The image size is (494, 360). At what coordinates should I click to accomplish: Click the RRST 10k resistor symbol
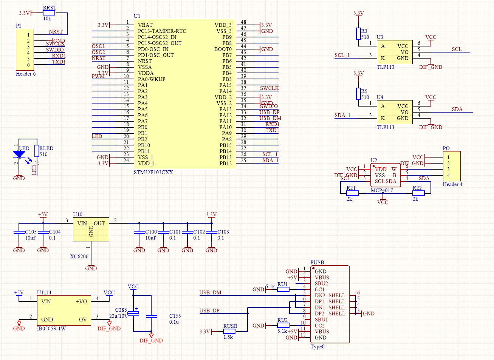pyautogui.click(x=49, y=13)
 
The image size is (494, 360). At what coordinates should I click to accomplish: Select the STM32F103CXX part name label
pyautogui.click(x=153, y=173)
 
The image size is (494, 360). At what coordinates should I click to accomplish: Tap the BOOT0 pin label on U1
pyautogui.click(x=223, y=49)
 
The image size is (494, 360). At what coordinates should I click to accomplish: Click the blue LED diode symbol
pyautogui.click(x=19, y=154)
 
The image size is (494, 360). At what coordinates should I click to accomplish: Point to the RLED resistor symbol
pyautogui.click(x=37, y=151)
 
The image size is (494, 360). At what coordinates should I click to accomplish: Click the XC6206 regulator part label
pyautogui.click(x=79, y=256)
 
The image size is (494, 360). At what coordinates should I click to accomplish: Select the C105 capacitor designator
pyautogui.click(x=31, y=232)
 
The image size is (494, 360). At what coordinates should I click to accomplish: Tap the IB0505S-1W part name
pyautogui.click(x=51, y=329)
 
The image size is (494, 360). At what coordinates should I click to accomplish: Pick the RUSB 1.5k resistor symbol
pyautogui.click(x=229, y=331)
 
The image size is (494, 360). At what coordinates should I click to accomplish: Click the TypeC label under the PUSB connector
pyautogui.click(x=318, y=347)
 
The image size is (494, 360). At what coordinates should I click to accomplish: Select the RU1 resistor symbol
pyautogui.click(x=283, y=289)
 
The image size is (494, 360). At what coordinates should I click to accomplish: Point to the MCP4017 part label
pyautogui.click(x=382, y=190)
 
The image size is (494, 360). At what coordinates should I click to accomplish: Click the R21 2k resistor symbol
pyautogui.click(x=352, y=193)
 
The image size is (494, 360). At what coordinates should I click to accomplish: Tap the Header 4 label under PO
pyautogui.click(x=452, y=184)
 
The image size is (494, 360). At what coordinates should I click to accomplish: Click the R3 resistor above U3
pyautogui.click(x=358, y=34)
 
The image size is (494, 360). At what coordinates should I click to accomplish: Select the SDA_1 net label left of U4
pyautogui.click(x=342, y=115)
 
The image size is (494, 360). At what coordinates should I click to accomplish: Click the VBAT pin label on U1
pyautogui.click(x=145, y=25)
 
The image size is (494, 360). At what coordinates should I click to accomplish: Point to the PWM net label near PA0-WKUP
pyautogui.click(x=98, y=76)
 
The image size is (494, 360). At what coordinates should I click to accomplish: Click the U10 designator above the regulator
pyautogui.click(x=77, y=215)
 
